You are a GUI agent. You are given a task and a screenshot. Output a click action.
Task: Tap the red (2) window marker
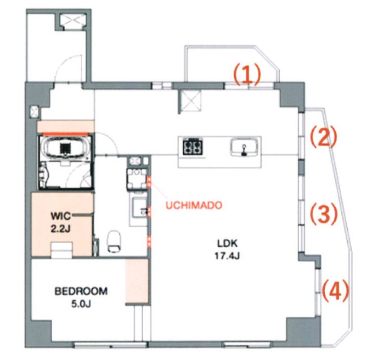(324, 137)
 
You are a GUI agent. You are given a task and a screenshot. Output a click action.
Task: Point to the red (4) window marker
(336, 290)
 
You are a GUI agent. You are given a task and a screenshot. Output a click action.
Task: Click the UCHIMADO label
(194, 205)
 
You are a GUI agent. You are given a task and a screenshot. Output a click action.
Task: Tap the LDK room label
(227, 244)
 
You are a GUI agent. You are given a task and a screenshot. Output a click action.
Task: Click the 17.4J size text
(227, 256)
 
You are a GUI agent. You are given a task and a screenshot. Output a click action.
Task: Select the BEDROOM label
(81, 291)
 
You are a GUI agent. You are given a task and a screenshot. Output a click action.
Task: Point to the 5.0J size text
(81, 304)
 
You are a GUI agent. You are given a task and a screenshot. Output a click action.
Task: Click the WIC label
(60, 216)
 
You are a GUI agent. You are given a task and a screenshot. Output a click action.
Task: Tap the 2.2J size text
(60, 229)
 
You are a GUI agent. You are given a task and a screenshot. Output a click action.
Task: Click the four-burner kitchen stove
(193, 147)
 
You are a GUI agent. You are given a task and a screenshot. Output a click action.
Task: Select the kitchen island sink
(244, 147)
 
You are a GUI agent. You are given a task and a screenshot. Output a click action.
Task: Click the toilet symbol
(114, 241)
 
